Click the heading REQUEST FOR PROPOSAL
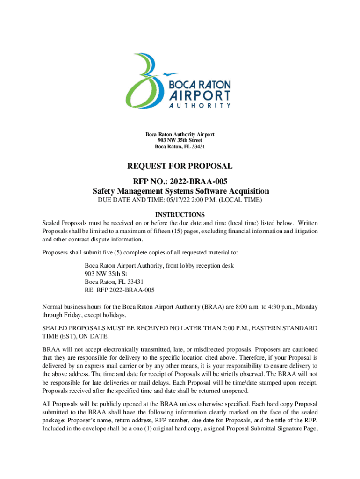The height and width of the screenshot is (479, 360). (x=180, y=166)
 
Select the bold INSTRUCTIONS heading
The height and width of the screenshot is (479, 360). (x=180, y=215)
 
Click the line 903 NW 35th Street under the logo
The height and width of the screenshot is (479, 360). (x=180, y=140)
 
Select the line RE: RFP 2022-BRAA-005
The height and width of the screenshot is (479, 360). (x=120, y=290)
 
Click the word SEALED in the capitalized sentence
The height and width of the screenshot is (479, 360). (x=54, y=328)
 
